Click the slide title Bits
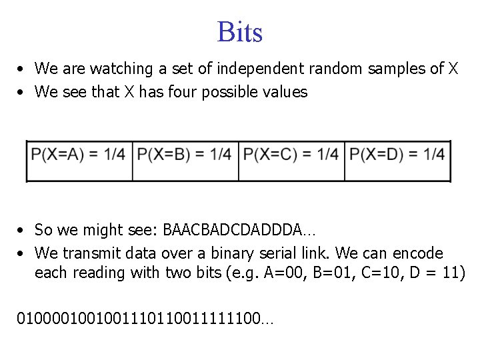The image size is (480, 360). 240,32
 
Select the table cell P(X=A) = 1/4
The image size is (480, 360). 78,155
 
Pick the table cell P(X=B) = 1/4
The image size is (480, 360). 185,155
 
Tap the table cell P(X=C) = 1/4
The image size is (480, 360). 291,155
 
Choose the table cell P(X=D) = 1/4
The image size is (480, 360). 397,155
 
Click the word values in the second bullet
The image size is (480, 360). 285,92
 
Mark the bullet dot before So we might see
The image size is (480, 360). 22,231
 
